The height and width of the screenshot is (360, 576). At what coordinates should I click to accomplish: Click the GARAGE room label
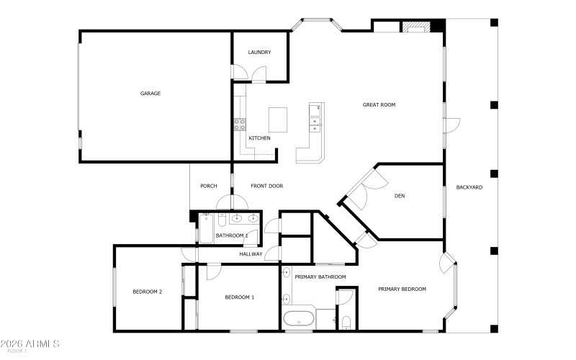tap(150, 94)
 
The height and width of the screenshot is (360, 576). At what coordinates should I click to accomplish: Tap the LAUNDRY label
tap(259, 53)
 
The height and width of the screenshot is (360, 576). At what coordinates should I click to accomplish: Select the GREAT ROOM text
tap(379, 105)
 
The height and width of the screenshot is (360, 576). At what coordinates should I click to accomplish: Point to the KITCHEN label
tap(259, 138)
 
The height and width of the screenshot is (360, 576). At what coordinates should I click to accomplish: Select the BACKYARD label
tap(469, 187)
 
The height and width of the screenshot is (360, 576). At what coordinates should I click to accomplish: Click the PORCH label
tap(209, 186)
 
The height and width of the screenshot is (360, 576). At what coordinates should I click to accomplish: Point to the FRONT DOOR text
tap(266, 186)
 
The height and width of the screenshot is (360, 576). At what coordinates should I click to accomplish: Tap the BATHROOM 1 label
tap(232, 235)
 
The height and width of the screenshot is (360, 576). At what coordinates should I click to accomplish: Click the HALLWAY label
tap(251, 253)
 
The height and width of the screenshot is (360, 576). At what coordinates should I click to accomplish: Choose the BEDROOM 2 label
tap(147, 292)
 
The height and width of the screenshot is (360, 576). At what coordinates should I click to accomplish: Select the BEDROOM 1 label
tap(239, 297)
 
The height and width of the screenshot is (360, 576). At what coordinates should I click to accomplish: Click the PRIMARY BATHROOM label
tap(320, 277)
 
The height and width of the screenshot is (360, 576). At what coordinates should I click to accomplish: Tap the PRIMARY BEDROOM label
tap(402, 289)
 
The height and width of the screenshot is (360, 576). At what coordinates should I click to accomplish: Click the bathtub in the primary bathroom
tap(299, 319)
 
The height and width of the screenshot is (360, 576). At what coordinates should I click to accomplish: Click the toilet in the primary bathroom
tap(346, 322)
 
